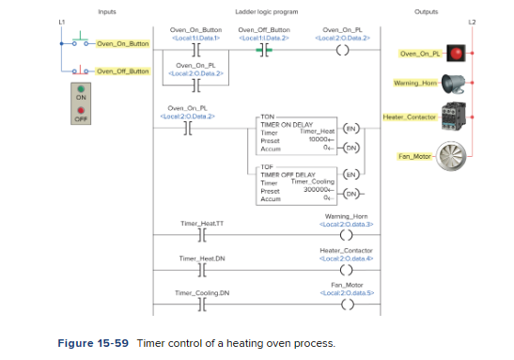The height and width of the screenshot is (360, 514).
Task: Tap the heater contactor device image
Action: click(460, 117)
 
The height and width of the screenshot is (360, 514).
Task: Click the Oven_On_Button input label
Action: click(122, 43)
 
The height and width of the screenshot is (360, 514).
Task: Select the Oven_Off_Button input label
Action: click(122, 71)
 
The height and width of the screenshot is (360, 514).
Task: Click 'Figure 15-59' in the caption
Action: click(95, 344)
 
